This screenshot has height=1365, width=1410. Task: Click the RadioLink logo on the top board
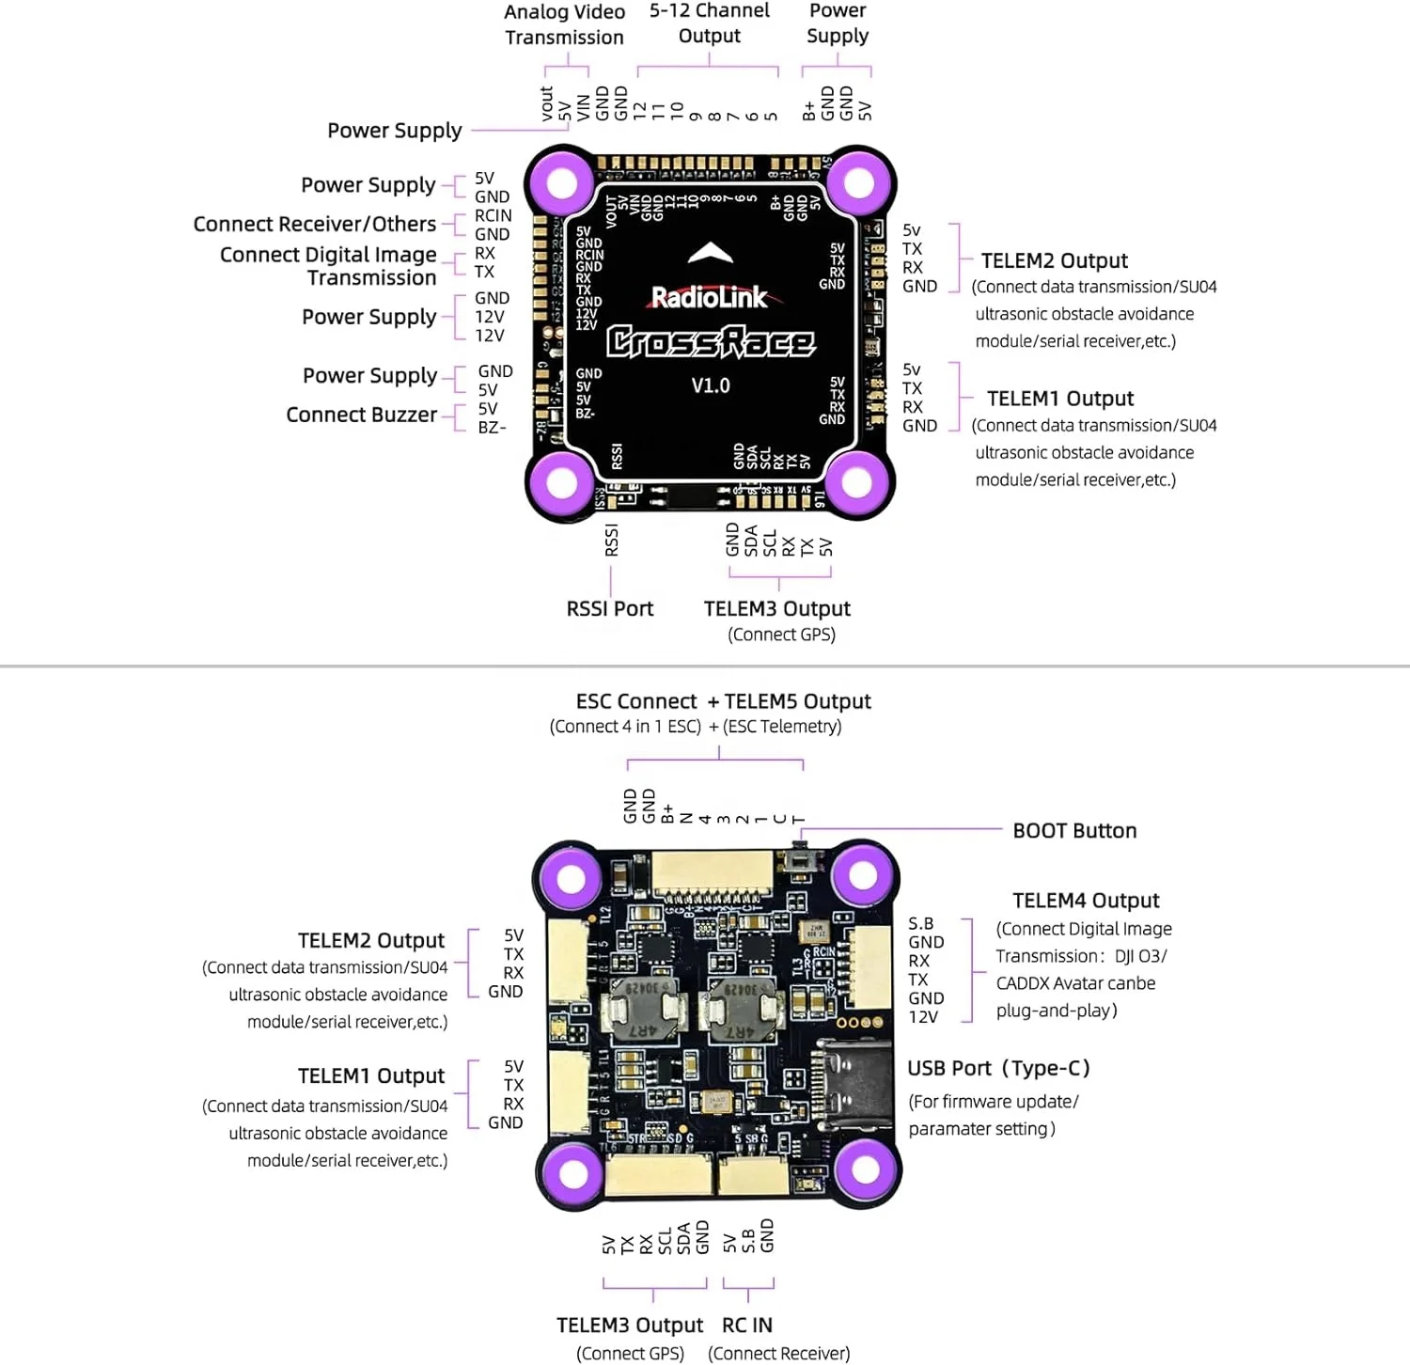[x=710, y=297]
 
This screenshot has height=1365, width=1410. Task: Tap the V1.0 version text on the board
[x=710, y=385]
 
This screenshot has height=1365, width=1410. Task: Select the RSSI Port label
[x=609, y=609]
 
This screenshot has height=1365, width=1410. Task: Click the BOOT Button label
[x=1074, y=831]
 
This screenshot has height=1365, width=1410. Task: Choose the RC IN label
[x=747, y=1326]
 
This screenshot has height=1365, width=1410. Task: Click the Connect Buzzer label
[x=362, y=415]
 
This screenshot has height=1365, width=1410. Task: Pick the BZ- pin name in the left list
[x=492, y=428]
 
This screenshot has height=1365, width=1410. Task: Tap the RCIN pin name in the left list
[x=493, y=215]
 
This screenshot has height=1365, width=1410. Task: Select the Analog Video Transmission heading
[x=564, y=24]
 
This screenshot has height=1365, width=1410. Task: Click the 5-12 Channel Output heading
[x=709, y=23]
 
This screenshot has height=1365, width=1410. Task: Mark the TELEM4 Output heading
[x=1086, y=901]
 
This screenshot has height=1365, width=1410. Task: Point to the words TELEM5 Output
[x=797, y=701]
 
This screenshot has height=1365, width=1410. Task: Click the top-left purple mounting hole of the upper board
[x=561, y=182]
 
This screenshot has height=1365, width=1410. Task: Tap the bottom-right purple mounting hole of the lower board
[x=865, y=1170]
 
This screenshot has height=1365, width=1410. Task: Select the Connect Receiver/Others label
[x=315, y=224]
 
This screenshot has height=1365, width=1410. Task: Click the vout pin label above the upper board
[x=547, y=103]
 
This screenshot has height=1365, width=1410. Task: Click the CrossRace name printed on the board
[x=710, y=341]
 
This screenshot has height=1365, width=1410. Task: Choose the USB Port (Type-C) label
[x=998, y=1068]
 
